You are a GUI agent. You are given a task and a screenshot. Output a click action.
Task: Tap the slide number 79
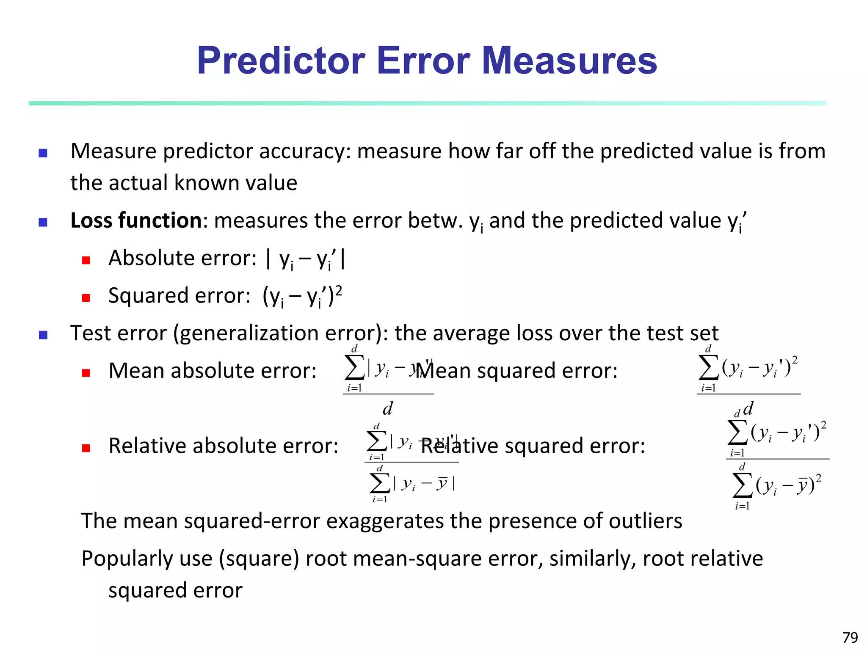[850, 637]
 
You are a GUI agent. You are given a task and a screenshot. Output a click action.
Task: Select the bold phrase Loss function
[136, 220]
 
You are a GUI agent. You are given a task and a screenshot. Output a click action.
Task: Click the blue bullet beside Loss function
[43, 222]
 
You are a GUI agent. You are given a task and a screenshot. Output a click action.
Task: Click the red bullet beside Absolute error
[86, 260]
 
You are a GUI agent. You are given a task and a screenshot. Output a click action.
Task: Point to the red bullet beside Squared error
[86, 298]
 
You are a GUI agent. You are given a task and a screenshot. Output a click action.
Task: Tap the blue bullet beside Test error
[43, 335]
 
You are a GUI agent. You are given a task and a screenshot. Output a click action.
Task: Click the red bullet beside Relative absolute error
[86, 448]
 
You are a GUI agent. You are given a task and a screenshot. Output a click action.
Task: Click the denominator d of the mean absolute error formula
[387, 409]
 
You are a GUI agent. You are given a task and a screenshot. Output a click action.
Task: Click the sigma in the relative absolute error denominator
[380, 483]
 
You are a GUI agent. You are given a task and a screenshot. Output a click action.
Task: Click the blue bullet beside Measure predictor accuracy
[43, 153]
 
